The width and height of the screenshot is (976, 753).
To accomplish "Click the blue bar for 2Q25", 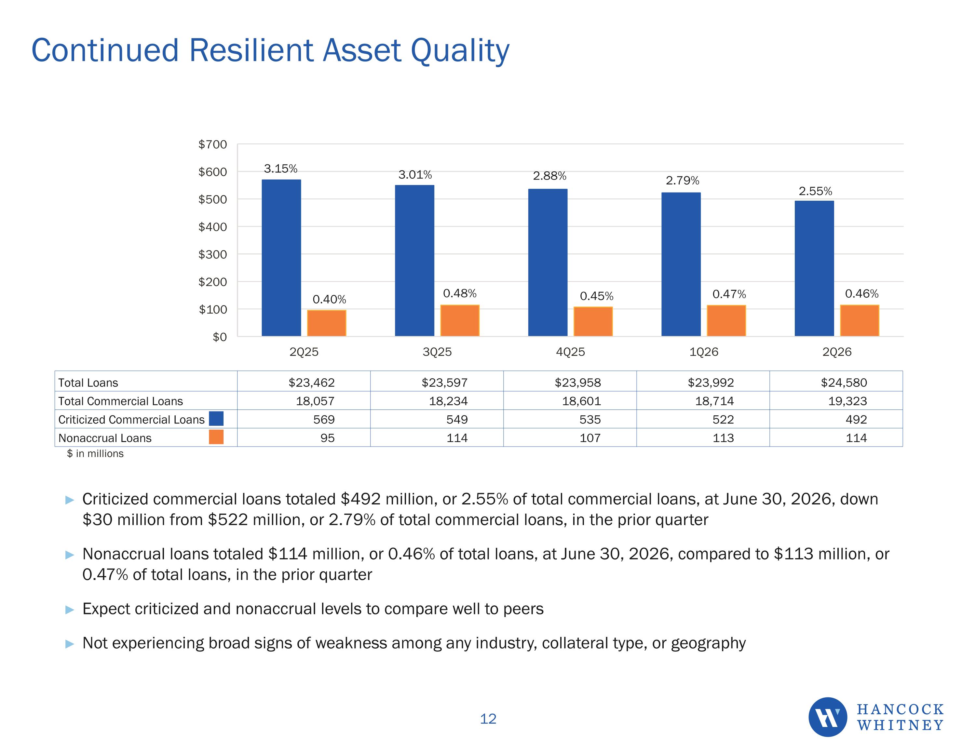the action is [281, 258].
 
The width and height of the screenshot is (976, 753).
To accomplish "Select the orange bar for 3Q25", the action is [460, 320].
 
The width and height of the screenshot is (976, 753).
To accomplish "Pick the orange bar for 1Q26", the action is [726, 320].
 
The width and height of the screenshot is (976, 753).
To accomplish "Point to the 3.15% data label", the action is [281, 168].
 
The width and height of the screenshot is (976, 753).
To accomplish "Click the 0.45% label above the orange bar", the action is [597, 296].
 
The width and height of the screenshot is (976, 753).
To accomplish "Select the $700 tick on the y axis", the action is [213, 144].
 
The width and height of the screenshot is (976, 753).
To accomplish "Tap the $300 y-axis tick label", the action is [213, 254].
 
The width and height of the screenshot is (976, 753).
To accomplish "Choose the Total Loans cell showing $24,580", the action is [844, 383].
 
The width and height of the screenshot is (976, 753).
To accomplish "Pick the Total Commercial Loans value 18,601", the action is [581, 401].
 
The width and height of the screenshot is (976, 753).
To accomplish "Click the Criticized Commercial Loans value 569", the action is [324, 419].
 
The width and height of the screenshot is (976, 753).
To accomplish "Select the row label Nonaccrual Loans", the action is [105, 438].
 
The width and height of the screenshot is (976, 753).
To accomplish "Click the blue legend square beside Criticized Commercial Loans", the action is [216, 419].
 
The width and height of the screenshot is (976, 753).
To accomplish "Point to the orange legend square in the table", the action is [216, 437].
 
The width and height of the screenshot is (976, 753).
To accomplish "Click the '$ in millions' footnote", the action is [95, 453].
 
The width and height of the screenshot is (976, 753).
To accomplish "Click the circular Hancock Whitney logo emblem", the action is [828, 717].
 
